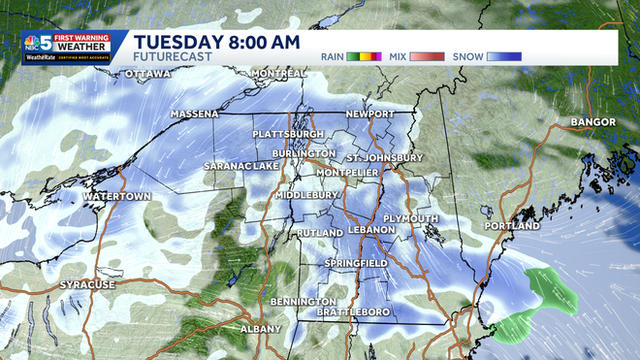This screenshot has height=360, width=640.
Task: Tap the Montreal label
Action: (x=278, y=74)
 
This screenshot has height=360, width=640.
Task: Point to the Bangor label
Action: (x=593, y=122)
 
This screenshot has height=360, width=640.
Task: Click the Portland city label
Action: (x=511, y=225)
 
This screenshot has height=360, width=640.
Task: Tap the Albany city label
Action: (x=260, y=329)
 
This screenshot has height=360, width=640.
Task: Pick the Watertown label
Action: (x=116, y=196)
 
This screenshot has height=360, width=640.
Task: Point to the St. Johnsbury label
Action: (x=384, y=157)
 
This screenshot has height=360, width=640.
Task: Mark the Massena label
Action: (x=195, y=115)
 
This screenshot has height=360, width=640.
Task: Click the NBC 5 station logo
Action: (x=38, y=47)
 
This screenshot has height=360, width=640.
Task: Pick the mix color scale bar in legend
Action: (x=427, y=56)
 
